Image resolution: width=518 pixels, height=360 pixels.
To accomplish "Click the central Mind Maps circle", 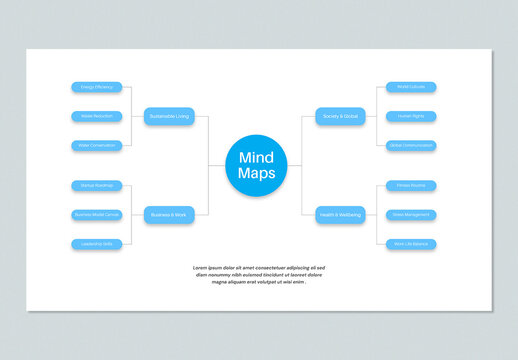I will [258, 165].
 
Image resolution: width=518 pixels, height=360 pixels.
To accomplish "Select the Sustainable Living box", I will [169, 116].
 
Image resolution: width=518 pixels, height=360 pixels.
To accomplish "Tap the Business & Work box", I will [169, 215].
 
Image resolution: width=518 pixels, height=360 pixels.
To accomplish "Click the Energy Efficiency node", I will [97, 87].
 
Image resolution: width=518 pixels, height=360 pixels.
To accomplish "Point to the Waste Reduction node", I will [97, 116].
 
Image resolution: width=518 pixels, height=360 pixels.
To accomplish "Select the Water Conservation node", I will [97, 145].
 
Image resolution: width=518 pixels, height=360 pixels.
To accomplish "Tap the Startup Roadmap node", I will [97, 186].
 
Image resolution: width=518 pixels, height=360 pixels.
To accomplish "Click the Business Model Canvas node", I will [97, 215].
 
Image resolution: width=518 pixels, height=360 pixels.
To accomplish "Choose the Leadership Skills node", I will [97, 244].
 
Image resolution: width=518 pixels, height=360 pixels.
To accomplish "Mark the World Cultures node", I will [411, 87].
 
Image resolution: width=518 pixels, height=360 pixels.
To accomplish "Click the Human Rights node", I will [411, 116].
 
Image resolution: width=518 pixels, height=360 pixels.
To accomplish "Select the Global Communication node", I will [411, 145].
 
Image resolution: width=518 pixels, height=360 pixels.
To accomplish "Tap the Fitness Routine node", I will [411, 186].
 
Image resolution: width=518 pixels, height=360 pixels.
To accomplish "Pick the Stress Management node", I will [411, 215].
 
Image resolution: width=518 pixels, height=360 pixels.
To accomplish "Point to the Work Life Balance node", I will [411, 244].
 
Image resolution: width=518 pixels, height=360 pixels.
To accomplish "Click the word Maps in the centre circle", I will [258, 174].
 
